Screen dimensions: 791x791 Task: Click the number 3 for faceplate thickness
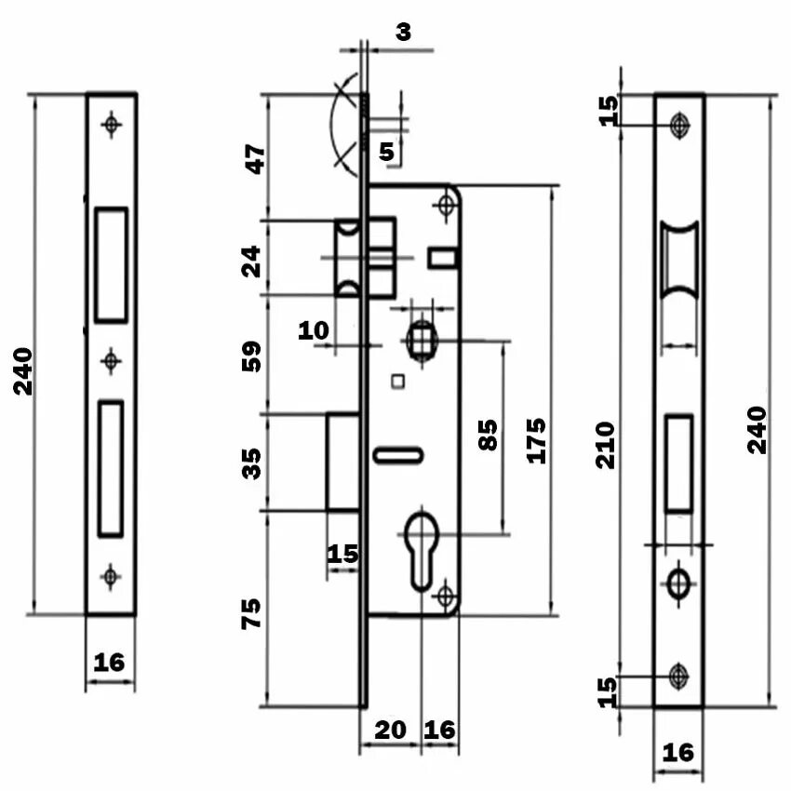(x=403, y=32)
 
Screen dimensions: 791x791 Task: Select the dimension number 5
(x=387, y=150)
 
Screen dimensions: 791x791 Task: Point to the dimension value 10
(x=314, y=329)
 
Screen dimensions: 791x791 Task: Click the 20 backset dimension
(x=390, y=730)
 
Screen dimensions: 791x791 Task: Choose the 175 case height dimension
(x=534, y=439)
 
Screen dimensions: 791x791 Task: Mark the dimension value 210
(x=606, y=444)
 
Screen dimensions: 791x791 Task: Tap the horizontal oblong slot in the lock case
(x=398, y=454)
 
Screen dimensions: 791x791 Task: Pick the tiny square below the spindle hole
(x=399, y=380)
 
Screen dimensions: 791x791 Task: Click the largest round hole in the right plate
(x=678, y=583)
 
